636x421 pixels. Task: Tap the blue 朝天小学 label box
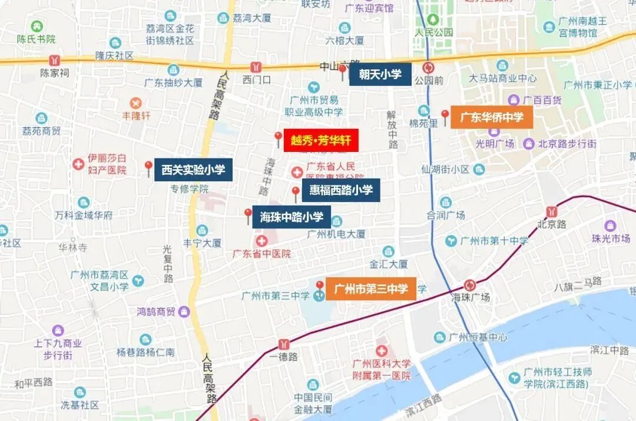380,74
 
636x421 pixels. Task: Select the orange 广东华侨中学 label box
492,117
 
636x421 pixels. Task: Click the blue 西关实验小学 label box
194,170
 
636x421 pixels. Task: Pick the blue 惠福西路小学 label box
341,190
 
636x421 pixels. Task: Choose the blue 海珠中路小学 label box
291,217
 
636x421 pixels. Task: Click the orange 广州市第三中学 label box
371,289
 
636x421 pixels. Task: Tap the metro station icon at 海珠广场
470,284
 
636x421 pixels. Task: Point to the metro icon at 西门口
256,67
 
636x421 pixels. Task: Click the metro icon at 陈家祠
55,60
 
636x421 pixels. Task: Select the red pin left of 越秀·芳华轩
279,138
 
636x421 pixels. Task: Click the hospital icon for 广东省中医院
261,241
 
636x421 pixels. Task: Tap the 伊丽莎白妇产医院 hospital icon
78,164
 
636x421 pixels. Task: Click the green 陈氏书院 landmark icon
37,26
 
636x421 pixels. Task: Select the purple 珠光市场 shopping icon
610,226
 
